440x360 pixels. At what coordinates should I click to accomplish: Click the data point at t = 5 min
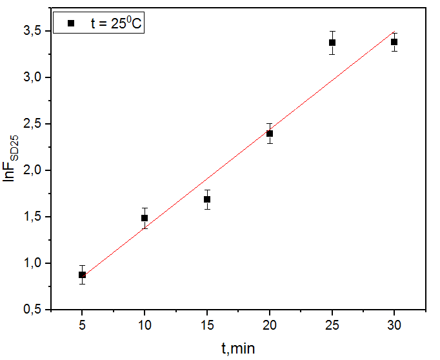[x=82, y=275]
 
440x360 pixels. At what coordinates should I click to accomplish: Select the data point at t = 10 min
[x=145, y=218]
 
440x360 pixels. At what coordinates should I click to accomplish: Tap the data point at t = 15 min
[x=207, y=199]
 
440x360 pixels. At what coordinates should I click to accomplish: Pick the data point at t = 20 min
[x=270, y=134]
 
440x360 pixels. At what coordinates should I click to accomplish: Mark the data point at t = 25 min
[x=332, y=43]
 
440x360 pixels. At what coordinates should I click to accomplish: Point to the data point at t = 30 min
[x=394, y=42]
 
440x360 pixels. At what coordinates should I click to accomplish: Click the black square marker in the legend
[x=72, y=23]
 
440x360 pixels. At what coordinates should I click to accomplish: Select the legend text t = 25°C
[x=118, y=23]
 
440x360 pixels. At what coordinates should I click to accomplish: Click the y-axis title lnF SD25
[x=11, y=161]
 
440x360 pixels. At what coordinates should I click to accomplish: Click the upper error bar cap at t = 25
[x=332, y=31]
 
